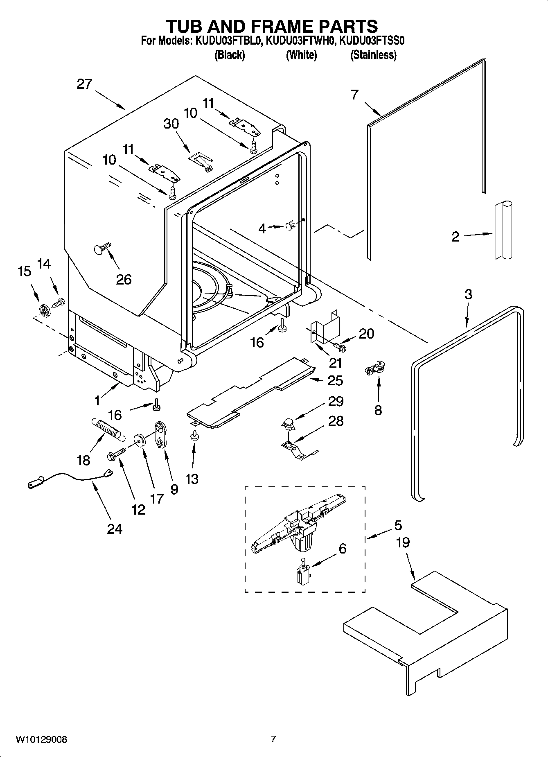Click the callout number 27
pos(85,84)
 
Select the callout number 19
pos(403,543)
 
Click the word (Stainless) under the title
pos(373,55)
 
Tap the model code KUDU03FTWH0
pos(301,41)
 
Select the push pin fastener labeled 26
pos(101,248)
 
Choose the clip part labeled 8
pos(375,365)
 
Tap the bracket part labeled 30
pos(201,160)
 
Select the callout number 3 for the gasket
pos(468,294)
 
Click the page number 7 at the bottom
pos(273,739)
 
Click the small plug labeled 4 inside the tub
pos(290,225)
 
